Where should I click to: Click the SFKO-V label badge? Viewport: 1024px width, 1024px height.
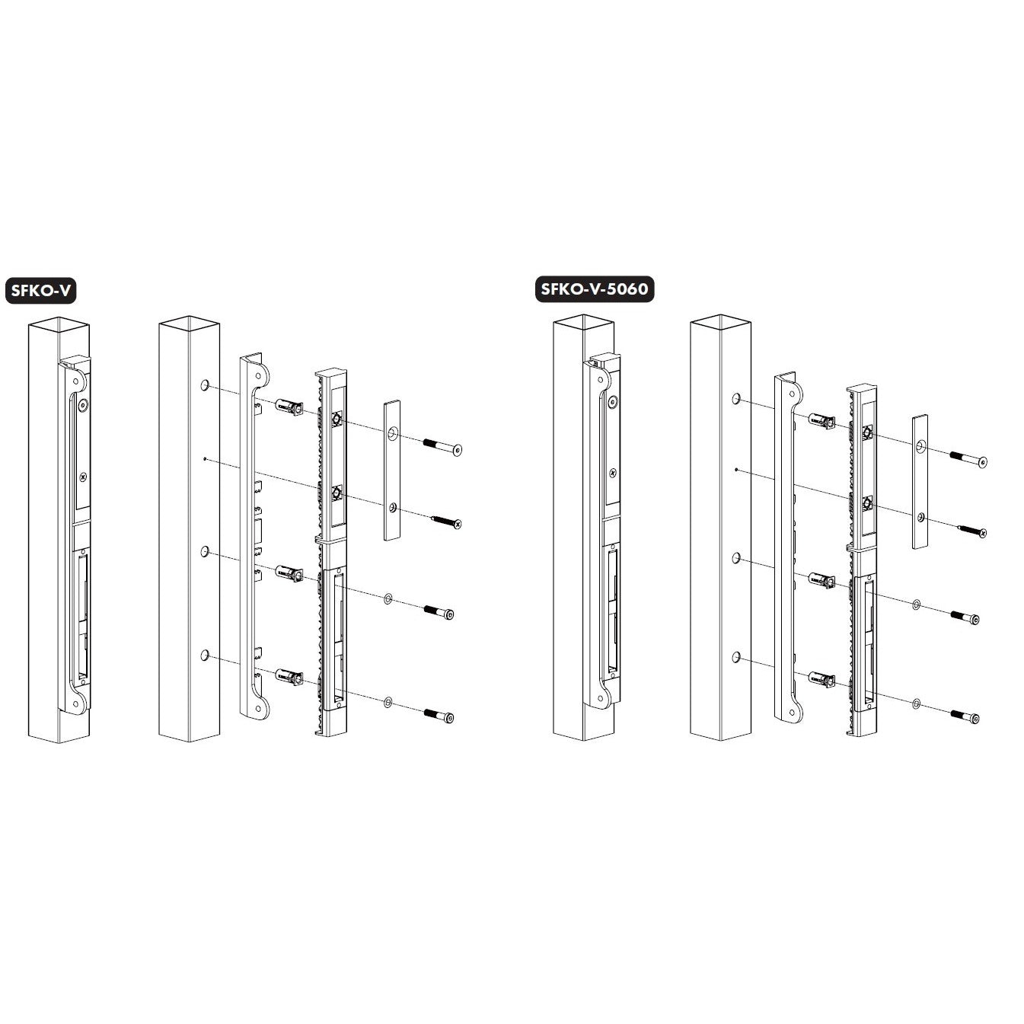click(41, 291)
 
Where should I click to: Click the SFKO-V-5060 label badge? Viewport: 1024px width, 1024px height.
click(594, 289)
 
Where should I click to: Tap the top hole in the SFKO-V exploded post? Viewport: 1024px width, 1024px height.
click(205, 385)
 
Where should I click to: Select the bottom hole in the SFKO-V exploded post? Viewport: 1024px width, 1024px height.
click(205, 656)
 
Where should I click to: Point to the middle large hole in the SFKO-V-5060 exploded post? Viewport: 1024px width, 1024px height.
click(736, 558)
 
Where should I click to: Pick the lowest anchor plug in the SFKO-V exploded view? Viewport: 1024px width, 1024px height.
click(289, 677)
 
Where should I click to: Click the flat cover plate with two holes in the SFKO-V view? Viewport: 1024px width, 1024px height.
click(392, 471)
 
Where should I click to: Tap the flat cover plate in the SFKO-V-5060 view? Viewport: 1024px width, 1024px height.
click(920, 481)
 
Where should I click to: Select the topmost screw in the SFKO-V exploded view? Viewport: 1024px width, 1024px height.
click(442, 446)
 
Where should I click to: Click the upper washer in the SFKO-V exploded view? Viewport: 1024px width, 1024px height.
click(388, 600)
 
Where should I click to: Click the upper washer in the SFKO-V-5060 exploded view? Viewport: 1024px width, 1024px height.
click(916, 605)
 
